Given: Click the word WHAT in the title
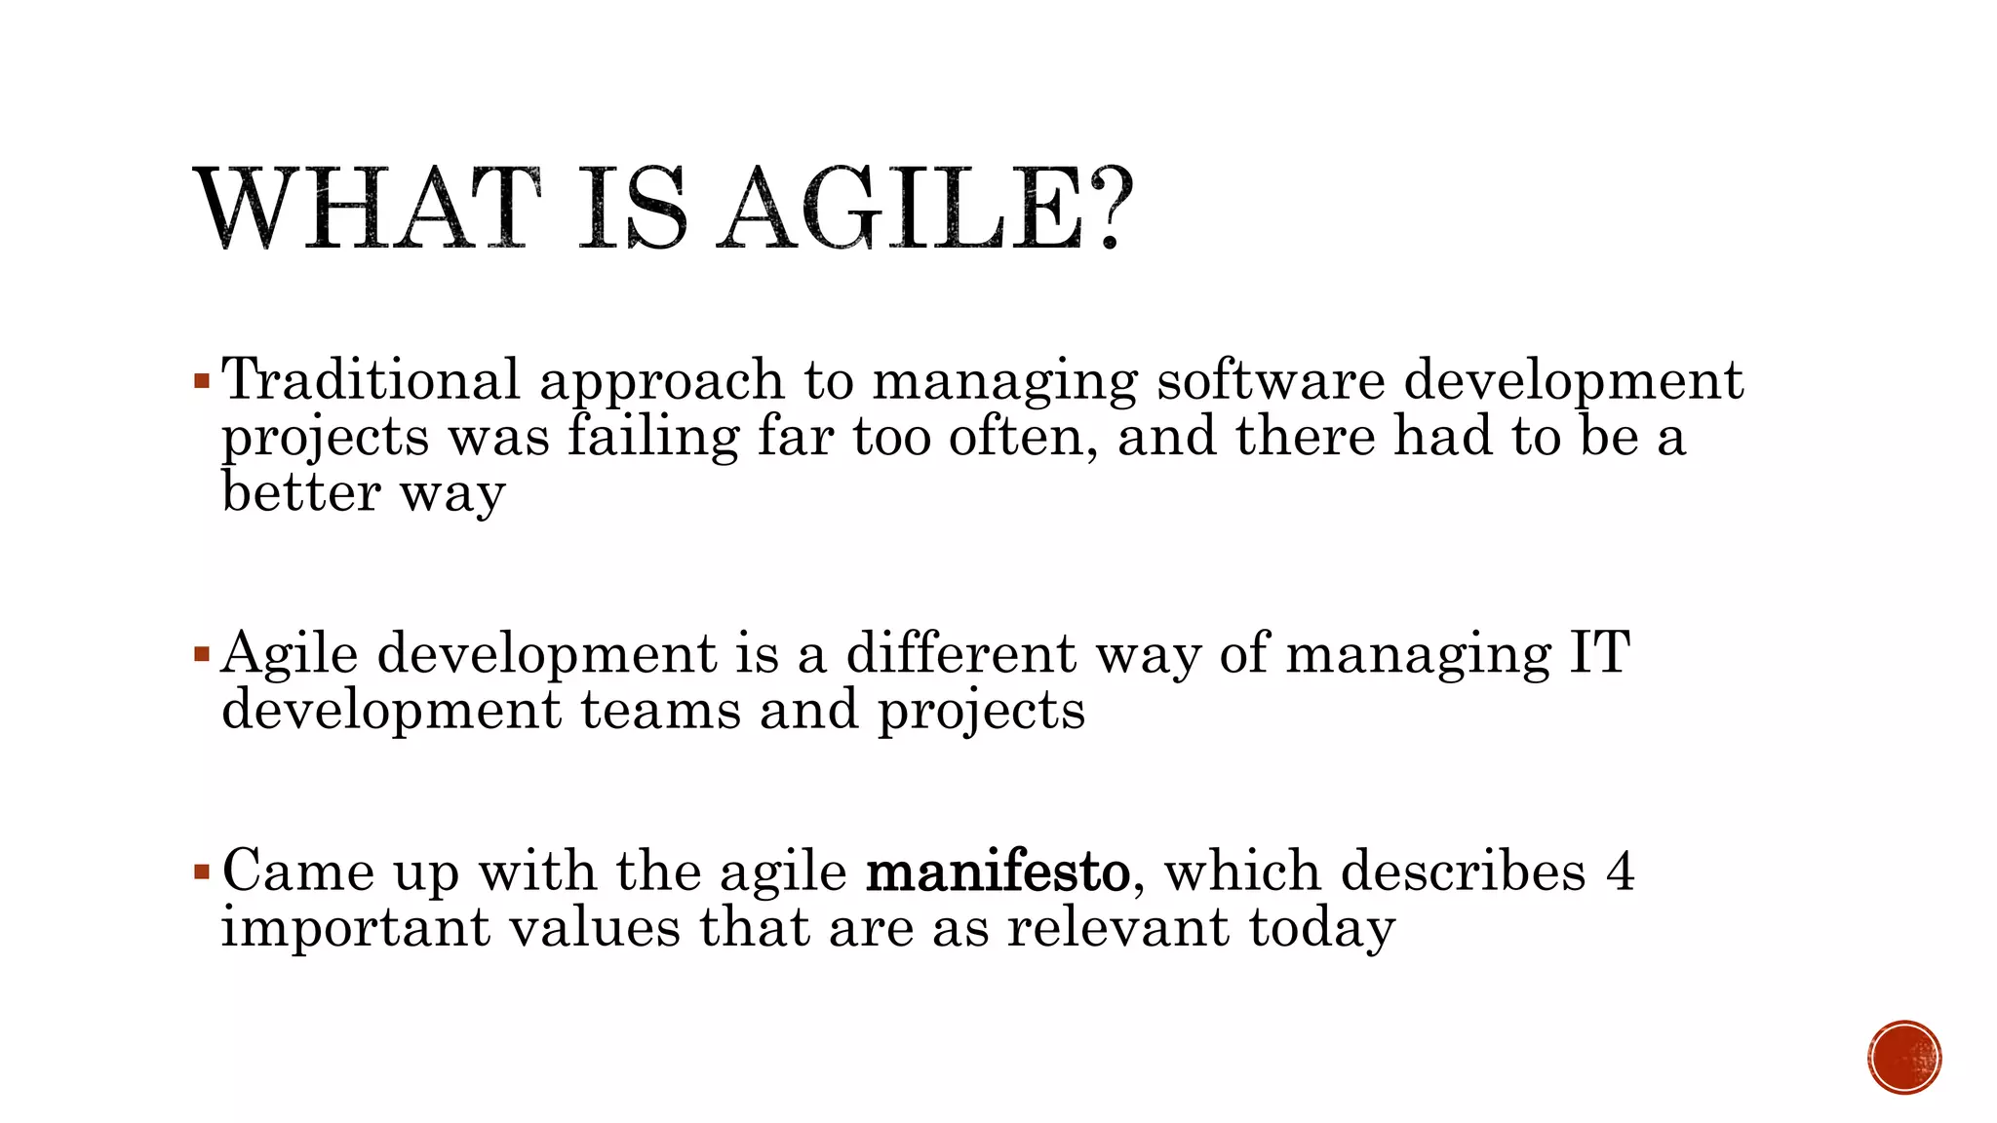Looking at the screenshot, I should (x=366, y=209).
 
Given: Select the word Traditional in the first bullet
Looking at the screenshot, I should (x=371, y=379).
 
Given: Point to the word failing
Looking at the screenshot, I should (x=653, y=436).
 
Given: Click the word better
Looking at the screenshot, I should (x=300, y=491).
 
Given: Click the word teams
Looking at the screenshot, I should (x=660, y=709).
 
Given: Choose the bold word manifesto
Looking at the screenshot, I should (x=998, y=870).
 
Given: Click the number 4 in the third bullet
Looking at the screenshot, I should (x=1620, y=870).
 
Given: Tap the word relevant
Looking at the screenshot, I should (x=1117, y=926).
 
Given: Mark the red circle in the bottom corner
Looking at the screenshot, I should (x=1904, y=1058).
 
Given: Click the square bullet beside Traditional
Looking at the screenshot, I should (x=202, y=379).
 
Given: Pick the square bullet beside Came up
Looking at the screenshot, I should (x=202, y=870).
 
